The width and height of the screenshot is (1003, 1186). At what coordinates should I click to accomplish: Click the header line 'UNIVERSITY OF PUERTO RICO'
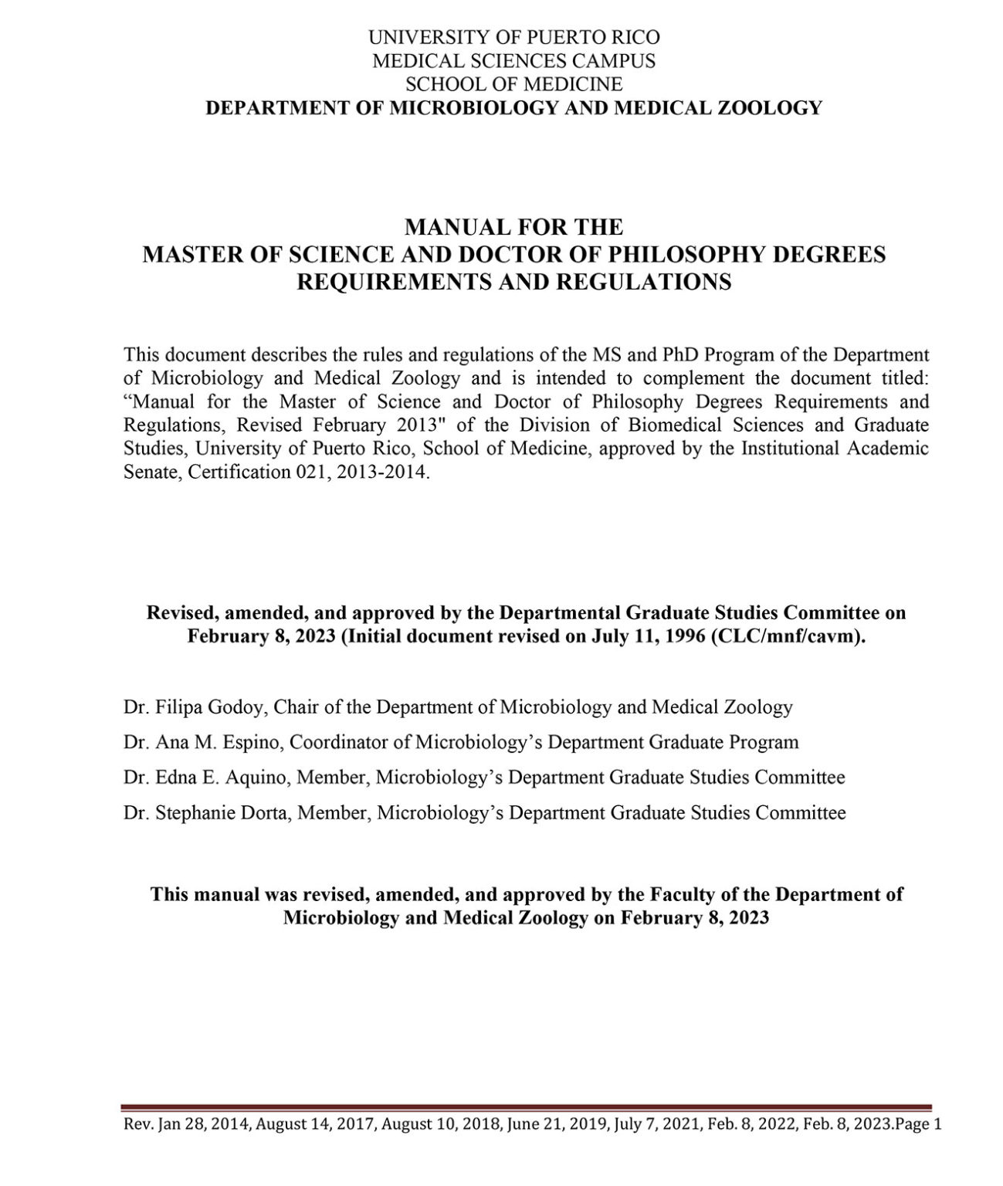513,37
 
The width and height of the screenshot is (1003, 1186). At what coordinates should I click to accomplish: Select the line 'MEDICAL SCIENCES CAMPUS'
513,60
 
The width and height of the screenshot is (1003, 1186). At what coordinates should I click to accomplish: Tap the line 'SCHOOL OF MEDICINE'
513,83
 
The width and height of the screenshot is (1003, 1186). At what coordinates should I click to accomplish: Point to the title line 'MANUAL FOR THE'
513,227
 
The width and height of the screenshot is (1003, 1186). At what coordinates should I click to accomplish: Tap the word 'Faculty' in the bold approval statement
686,894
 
